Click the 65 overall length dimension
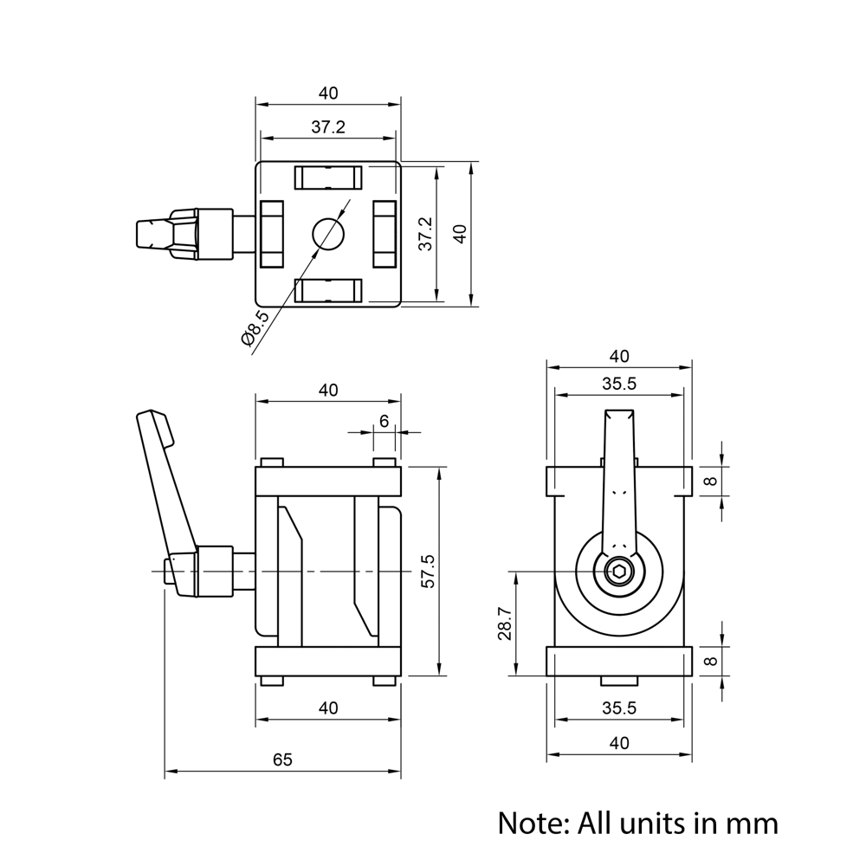tap(282, 760)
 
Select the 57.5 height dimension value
tap(428, 572)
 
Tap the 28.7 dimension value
tap(505, 624)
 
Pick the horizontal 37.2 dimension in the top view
tap(328, 127)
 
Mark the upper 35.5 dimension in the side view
tap(619, 384)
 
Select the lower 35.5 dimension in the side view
tap(619, 708)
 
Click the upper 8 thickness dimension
tap(711, 481)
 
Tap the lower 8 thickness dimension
tap(711, 661)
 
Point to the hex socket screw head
tap(619, 572)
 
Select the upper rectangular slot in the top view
tap(328, 178)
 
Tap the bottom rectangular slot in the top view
tap(328, 290)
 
